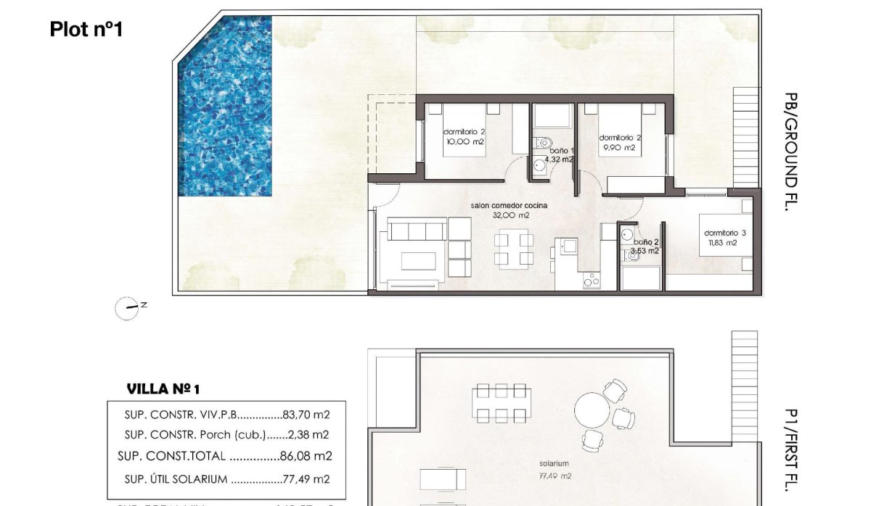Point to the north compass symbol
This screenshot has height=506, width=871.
pos(127,308)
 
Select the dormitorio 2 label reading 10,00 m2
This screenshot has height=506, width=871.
pos(465,137)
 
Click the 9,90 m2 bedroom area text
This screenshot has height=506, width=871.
pos(618,148)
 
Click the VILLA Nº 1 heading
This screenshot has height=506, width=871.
pos(163,389)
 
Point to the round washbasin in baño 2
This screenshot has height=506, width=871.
pos(626,234)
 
